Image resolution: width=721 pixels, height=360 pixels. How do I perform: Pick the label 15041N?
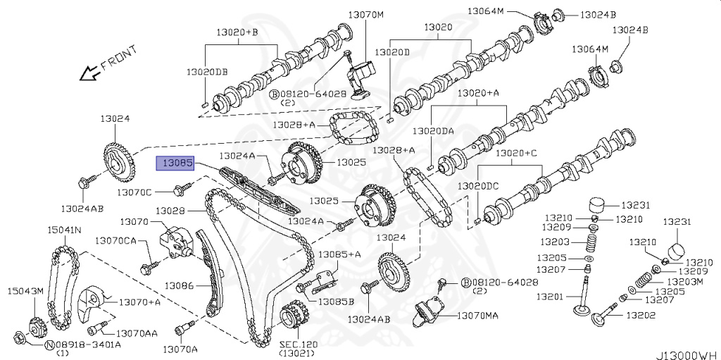coord(64,230)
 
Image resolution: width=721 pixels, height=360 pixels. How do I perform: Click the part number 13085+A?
coord(339,254)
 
